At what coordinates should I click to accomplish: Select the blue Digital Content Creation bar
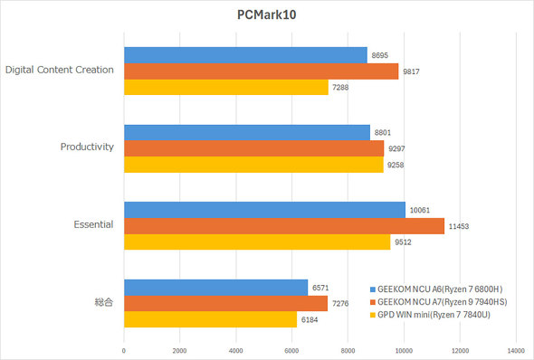pos(245,55)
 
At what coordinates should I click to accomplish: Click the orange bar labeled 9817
pos(261,71)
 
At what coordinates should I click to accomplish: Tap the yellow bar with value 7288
pos(225,88)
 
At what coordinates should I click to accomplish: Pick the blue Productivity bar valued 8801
pos(247,132)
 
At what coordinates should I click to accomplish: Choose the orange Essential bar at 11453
pos(284,226)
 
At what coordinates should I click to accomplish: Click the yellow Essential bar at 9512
pos(257,242)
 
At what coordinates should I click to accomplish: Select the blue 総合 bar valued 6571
pos(215,288)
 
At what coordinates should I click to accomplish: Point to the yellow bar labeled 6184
pos(210,319)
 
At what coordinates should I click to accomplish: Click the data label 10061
pos(419,210)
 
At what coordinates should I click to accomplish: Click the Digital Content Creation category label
pos(59,69)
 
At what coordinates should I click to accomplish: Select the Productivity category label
pos(87,147)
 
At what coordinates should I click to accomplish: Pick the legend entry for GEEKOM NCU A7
pos(447,302)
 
